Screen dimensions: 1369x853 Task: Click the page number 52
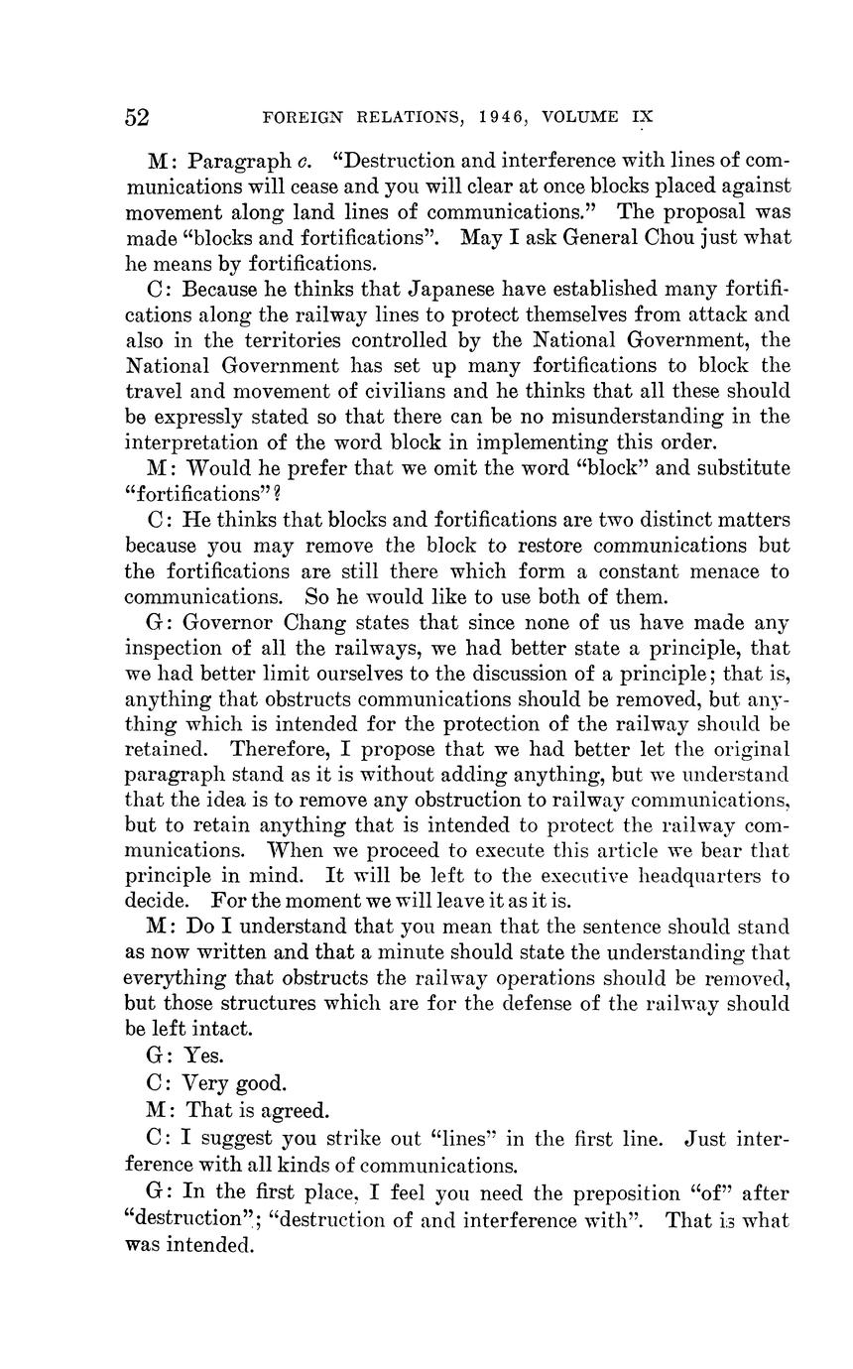[x=137, y=117]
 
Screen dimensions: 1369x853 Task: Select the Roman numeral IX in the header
[x=642, y=117]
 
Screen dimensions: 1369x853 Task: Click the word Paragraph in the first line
[x=236, y=161]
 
